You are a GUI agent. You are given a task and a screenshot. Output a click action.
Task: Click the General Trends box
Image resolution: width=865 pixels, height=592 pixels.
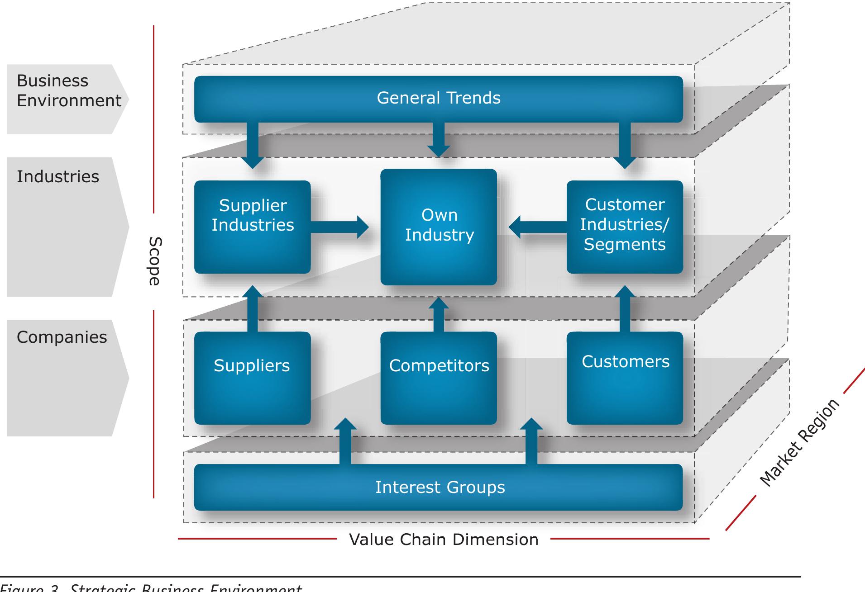click(x=438, y=99)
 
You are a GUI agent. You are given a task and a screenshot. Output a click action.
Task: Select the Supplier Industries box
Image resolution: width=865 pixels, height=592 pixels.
click(x=252, y=227)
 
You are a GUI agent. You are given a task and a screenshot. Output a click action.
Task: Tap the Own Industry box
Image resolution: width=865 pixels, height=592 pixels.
click(x=438, y=227)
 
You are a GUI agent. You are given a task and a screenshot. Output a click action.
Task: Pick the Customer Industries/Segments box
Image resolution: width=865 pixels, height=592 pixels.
click(x=625, y=227)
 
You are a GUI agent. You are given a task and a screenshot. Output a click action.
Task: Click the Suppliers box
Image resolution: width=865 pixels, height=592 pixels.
click(x=252, y=378)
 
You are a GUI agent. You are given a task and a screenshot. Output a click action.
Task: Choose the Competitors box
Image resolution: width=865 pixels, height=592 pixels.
click(x=438, y=378)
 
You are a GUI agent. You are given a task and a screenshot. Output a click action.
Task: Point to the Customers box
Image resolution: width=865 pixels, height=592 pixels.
click(x=625, y=378)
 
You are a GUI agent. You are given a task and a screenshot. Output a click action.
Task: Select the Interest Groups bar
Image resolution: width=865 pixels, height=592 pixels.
click(x=438, y=487)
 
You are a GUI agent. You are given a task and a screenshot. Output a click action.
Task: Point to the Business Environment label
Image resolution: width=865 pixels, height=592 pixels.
click(x=68, y=90)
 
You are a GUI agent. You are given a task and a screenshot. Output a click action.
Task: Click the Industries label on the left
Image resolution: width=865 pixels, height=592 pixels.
click(x=58, y=177)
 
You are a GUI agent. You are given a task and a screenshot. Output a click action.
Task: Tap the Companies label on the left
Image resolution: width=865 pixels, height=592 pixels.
click(x=62, y=337)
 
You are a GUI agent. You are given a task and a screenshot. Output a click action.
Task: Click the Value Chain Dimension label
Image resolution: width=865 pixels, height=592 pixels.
click(x=444, y=540)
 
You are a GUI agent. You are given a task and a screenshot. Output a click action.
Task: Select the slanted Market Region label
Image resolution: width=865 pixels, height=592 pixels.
click(x=799, y=443)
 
